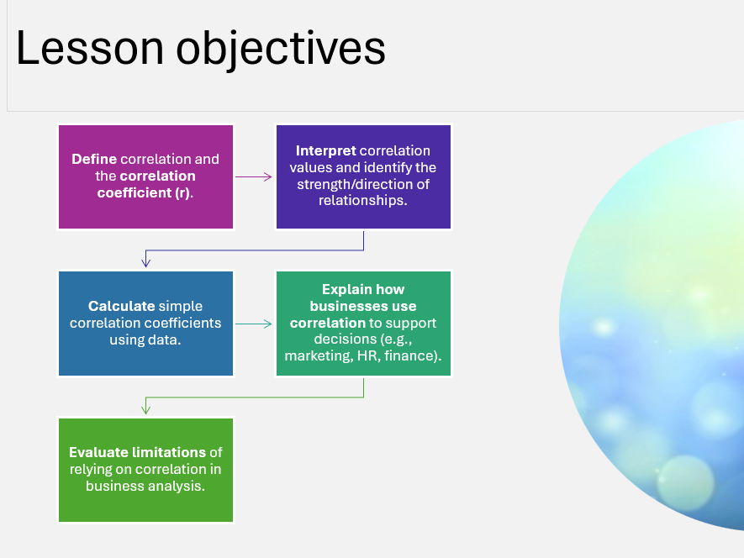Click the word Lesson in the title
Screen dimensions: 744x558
pyautogui.click(x=90, y=48)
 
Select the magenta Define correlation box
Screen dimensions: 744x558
pyautogui.click(x=145, y=176)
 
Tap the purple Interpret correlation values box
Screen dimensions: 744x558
pyautogui.click(x=363, y=176)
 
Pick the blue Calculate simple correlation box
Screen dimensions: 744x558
pyautogui.click(x=145, y=324)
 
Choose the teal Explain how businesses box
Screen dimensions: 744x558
pyautogui.click(x=363, y=324)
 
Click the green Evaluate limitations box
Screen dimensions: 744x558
pyautogui.click(x=145, y=470)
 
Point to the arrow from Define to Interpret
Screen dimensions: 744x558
pyautogui.click(x=254, y=177)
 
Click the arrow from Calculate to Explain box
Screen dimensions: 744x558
pyautogui.click(x=254, y=324)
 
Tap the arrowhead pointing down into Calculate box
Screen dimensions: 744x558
pyautogui.click(x=146, y=262)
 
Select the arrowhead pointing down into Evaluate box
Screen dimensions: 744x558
pyautogui.click(x=146, y=409)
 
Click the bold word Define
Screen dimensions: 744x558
pyautogui.click(x=94, y=159)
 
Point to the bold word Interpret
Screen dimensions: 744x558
pyautogui.click(x=325, y=151)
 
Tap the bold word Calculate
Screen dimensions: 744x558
pyautogui.click(x=121, y=306)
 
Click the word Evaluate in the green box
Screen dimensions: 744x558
pyautogui.click(x=98, y=452)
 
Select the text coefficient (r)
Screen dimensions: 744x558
pyautogui.click(x=144, y=192)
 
